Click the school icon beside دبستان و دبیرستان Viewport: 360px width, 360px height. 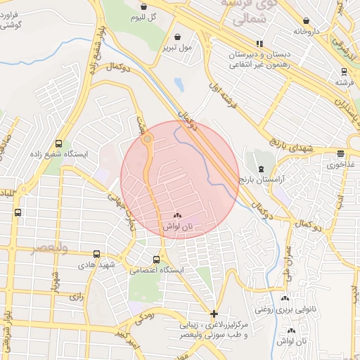[x=259, y=44]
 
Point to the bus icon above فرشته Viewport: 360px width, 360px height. [x=344, y=71]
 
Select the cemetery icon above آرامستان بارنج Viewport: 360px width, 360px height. [x=262, y=169]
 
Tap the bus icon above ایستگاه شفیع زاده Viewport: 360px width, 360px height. [x=58, y=142]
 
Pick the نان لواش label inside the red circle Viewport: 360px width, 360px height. [x=177, y=226]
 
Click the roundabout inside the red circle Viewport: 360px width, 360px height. [x=147, y=140]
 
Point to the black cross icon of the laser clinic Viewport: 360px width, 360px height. [x=214, y=314]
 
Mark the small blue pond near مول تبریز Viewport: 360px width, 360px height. [x=179, y=85]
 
